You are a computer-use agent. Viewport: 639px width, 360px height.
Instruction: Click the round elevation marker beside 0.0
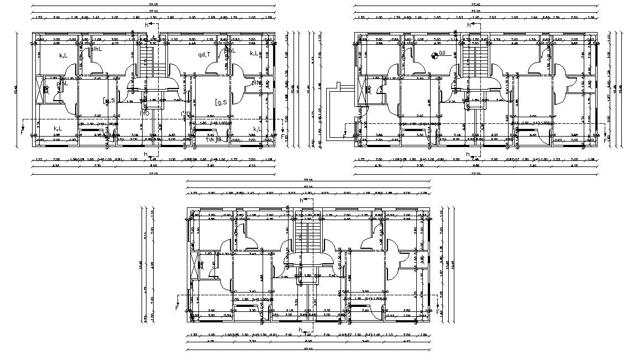[434, 54]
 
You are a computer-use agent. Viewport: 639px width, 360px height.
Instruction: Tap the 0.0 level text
[442, 54]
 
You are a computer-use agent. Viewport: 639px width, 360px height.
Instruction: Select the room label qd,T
[205, 55]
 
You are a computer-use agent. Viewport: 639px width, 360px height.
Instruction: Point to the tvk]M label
[213, 139]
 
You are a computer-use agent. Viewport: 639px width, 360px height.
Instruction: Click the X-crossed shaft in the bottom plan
[193, 265]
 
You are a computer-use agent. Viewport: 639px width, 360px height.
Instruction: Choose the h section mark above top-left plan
[146, 25]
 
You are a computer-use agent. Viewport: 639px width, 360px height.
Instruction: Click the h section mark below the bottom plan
[300, 330]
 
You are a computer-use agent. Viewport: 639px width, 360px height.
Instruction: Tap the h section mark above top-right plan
[469, 25]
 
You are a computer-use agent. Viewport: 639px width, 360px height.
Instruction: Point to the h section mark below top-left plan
[145, 154]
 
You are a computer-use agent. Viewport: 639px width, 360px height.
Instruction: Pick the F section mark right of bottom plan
[439, 312]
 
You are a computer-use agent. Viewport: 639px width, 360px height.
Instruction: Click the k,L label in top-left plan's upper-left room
[64, 55]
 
